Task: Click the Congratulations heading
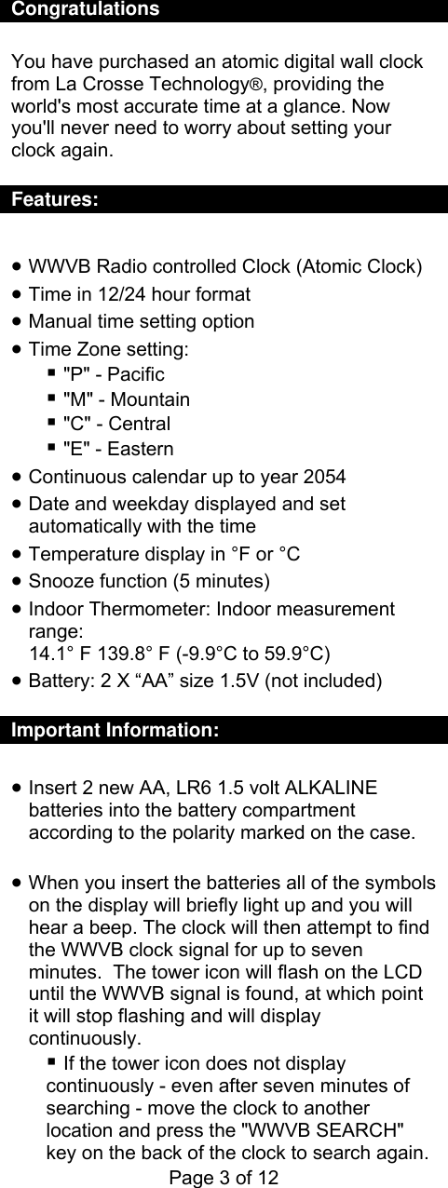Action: [x=85, y=10]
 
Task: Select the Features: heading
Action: [x=55, y=200]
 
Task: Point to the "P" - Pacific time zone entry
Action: [x=113, y=374]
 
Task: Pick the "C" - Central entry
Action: [x=116, y=425]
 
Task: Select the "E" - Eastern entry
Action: [x=117, y=450]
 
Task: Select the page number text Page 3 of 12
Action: [x=223, y=1177]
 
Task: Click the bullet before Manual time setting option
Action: [x=19, y=323]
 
